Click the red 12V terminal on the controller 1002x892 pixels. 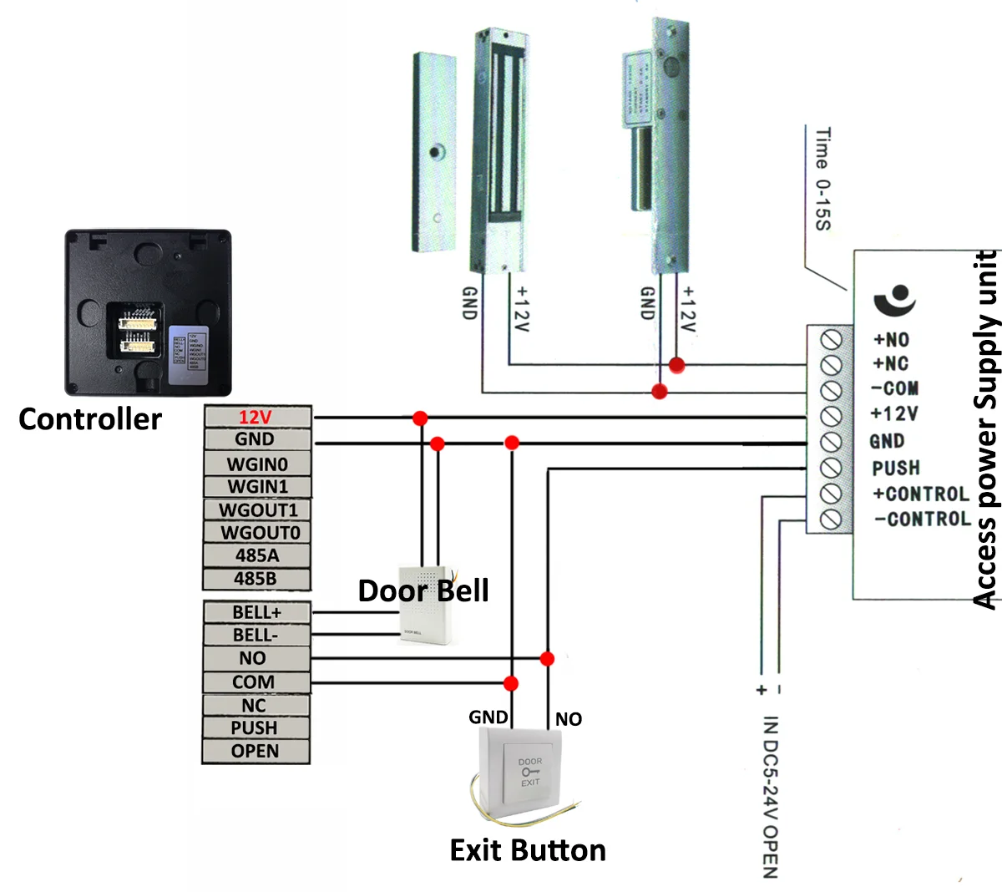point(256,418)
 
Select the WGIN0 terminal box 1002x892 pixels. point(256,464)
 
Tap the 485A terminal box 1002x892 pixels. point(256,555)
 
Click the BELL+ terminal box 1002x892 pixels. point(256,611)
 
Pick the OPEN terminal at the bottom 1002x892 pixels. point(256,751)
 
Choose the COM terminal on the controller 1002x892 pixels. point(254,682)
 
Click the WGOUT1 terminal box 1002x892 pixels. point(257,509)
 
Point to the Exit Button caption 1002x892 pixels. point(528,850)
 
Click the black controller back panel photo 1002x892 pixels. point(148,312)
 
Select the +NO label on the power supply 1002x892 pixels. point(891,340)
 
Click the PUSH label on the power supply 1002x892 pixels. point(896,468)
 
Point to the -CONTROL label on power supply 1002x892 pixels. point(923,519)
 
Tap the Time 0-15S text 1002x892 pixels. point(822,179)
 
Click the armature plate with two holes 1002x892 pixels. point(435,152)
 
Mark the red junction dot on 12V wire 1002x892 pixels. point(420,418)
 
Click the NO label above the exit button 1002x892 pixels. point(569,719)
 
